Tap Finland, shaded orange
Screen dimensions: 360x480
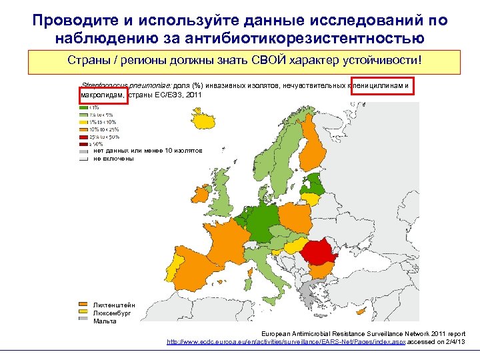311,150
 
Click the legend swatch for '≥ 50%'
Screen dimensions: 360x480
83,144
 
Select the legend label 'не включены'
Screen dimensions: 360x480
113,159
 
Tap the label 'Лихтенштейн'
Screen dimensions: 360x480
113,305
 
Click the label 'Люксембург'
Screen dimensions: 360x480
112,313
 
